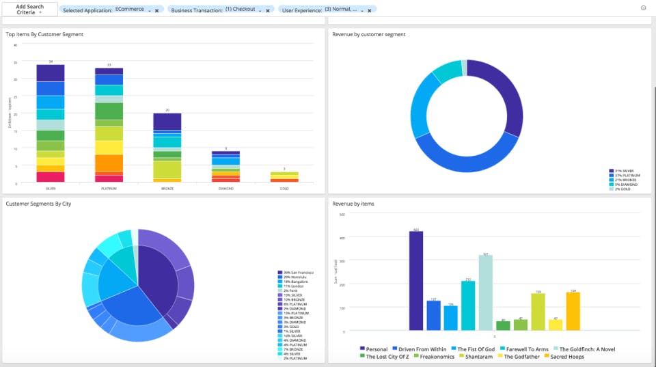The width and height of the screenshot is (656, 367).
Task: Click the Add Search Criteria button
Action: pyautogui.click(x=29, y=10)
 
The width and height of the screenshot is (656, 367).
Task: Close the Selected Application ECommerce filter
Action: pyautogui.click(x=156, y=10)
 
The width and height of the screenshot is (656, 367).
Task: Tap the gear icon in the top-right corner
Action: pyautogui.click(x=643, y=8)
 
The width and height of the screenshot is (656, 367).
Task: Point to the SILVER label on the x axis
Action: pyautogui.click(x=51, y=188)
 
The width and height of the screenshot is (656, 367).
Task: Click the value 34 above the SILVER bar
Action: pyautogui.click(x=51, y=62)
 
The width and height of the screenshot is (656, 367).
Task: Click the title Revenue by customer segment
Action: pyautogui.click(x=368, y=34)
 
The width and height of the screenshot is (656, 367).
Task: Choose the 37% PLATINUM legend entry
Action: pyautogui.click(x=625, y=175)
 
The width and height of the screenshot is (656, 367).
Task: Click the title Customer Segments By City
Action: pyautogui.click(x=38, y=204)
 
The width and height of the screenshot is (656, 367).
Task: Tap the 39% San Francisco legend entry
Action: pyautogui.click(x=295, y=273)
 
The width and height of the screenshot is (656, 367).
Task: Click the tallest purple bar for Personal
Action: pyautogui.click(x=416, y=280)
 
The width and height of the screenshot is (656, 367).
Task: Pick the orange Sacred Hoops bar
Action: pyautogui.click(x=573, y=311)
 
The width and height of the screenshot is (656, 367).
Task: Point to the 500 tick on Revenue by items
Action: pyautogui.click(x=342, y=214)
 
